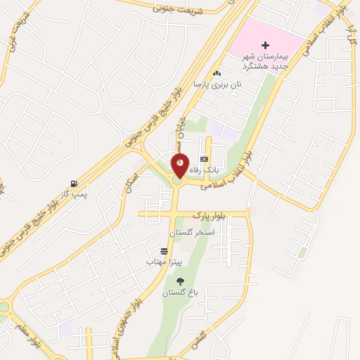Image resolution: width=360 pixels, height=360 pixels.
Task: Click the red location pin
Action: click(180, 167)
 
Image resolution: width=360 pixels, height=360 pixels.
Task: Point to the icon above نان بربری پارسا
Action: click(216, 72)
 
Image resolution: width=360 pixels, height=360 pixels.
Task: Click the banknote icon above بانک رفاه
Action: click(204, 160)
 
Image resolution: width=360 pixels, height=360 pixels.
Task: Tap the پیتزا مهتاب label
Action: click(164, 262)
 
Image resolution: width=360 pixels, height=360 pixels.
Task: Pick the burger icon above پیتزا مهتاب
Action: click(164, 251)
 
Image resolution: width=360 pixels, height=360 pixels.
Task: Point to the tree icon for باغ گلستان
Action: click(180, 281)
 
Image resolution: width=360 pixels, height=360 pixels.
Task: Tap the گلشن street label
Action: click(198, 340)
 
